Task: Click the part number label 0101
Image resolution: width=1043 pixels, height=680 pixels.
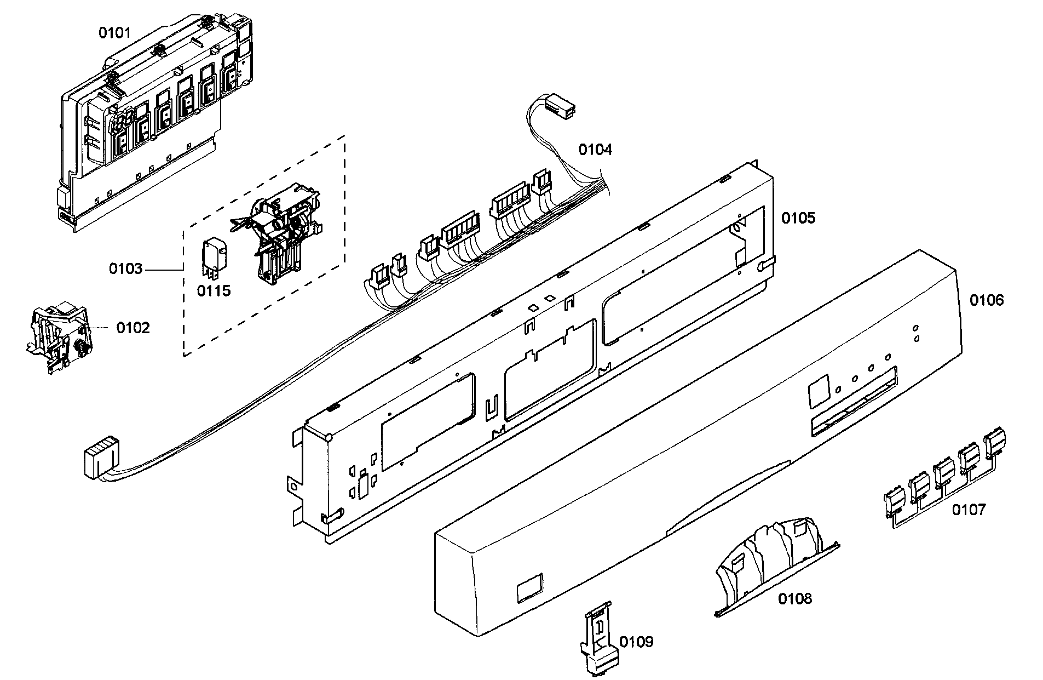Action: click(x=114, y=33)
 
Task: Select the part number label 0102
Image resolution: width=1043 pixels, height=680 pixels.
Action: click(x=132, y=328)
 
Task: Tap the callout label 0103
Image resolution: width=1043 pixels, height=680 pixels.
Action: click(x=125, y=268)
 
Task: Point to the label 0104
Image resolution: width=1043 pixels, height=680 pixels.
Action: click(x=595, y=149)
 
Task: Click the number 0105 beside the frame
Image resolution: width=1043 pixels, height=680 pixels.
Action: click(x=798, y=218)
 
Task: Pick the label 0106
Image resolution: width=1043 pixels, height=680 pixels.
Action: click(x=987, y=300)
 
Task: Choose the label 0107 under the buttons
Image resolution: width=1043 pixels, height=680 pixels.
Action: click(x=968, y=510)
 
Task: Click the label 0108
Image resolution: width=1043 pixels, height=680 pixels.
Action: click(x=795, y=598)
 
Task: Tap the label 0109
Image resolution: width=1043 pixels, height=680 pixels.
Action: click(x=636, y=642)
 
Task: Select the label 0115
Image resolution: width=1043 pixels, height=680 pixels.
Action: click(x=214, y=290)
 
